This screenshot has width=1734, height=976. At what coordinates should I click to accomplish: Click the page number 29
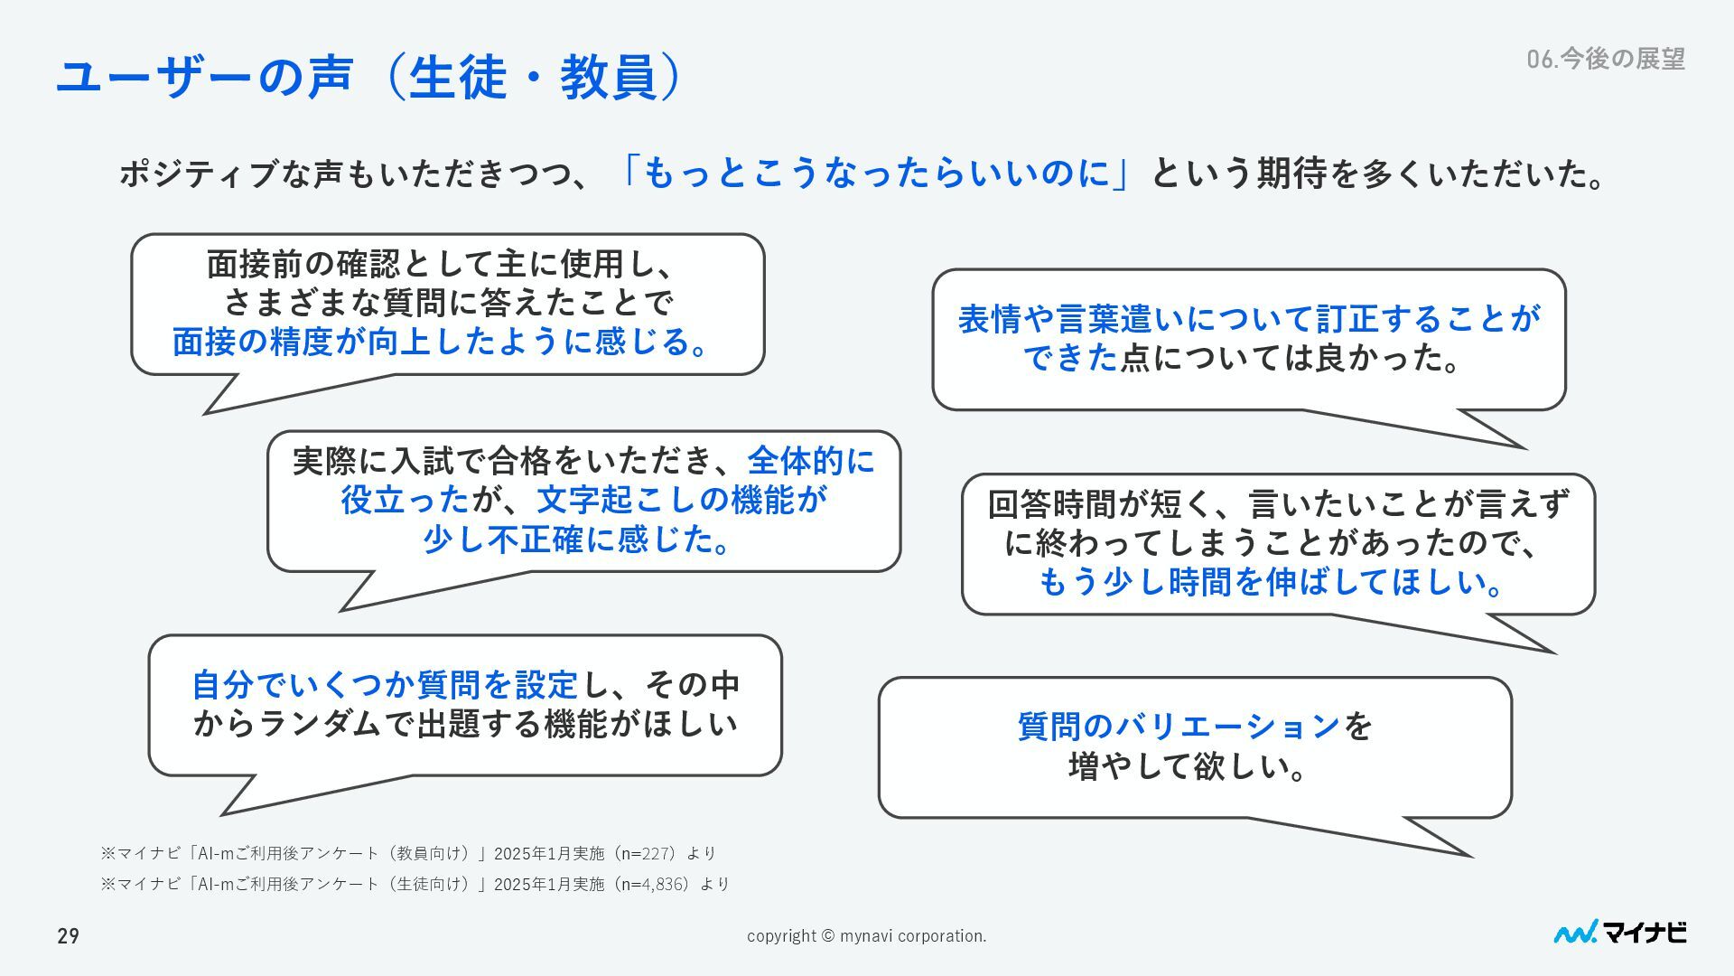point(69,936)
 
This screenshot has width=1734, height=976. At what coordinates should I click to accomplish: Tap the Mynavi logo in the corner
point(1619,933)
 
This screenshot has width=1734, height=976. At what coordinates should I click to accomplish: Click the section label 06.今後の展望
point(1605,59)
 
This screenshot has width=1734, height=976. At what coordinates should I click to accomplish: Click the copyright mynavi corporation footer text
point(866,936)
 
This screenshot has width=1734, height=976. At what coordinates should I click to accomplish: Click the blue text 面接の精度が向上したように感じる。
point(441,342)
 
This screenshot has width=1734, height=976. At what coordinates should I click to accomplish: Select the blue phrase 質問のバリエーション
point(1179,726)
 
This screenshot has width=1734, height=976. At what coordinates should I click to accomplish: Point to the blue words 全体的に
point(811,461)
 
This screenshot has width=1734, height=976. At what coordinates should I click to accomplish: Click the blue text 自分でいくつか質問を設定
point(384,685)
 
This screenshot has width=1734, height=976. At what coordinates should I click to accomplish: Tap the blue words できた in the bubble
point(1070,359)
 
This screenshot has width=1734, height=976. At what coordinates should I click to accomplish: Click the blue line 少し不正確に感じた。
point(578,540)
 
